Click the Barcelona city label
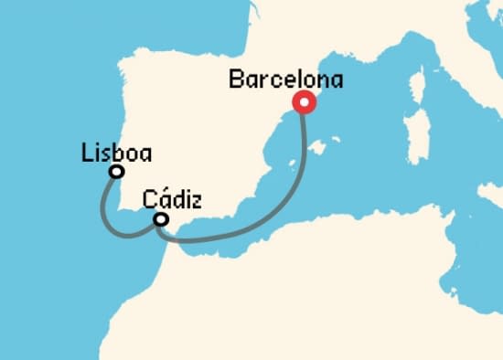(286, 80)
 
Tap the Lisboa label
(116, 152)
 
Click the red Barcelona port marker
(303, 102)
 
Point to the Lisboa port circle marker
(116, 172)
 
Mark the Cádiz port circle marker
(161, 219)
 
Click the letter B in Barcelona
(236, 80)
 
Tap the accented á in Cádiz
(162, 199)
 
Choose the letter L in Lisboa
(86, 152)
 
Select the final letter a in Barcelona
(337, 81)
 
